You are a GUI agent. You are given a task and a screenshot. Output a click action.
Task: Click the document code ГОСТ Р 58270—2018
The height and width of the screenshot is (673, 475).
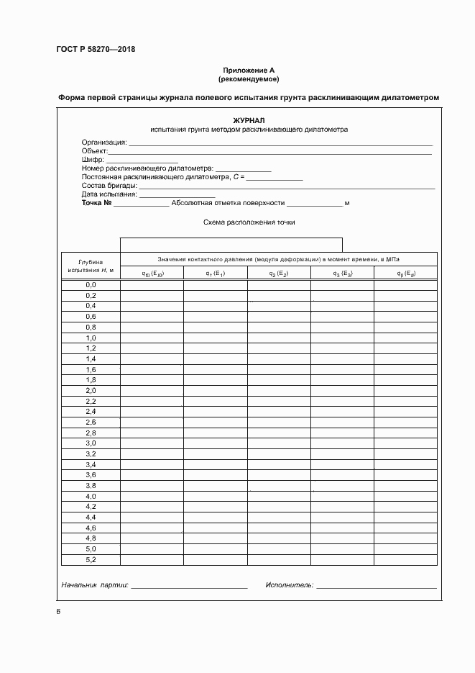(x=96, y=50)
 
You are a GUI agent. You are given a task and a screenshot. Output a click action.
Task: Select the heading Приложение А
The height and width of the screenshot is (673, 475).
(x=248, y=70)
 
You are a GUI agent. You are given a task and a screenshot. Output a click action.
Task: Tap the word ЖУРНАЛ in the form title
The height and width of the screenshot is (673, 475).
(x=248, y=120)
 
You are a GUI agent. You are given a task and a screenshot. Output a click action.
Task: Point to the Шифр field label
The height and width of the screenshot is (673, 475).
(x=93, y=160)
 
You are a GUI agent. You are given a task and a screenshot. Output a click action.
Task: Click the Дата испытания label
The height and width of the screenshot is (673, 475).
(x=109, y=194)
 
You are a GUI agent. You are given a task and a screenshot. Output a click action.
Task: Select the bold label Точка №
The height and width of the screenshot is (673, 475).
(x=96, y=204)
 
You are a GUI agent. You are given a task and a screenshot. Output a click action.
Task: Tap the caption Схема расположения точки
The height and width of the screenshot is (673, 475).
(x=249, y=222)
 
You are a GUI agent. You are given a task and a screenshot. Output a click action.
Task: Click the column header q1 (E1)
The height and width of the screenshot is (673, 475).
(x=215, y=274)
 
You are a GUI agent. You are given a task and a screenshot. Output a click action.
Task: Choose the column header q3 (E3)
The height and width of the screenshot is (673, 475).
(x=341, y=274)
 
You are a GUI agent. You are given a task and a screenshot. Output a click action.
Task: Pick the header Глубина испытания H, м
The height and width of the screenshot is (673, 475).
(x=91, y=266)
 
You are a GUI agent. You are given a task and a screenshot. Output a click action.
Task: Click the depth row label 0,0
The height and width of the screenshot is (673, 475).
(x=91, y=285)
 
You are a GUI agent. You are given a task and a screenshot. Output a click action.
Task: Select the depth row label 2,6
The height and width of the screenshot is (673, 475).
(x=91, y=422)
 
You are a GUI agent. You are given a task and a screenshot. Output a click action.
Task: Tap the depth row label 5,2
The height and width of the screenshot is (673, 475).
(x=91, y=559)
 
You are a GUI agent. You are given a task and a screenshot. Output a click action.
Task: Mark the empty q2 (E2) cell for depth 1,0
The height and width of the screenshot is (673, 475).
(x=279, y=338)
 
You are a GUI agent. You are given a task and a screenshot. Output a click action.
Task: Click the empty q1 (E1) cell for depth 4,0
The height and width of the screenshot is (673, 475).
(x=215, y=497)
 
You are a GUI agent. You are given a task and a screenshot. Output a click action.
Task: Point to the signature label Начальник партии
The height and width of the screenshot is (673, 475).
(x=94, y=586)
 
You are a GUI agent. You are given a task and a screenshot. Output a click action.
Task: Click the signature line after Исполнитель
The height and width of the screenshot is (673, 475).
(x=376, y=586)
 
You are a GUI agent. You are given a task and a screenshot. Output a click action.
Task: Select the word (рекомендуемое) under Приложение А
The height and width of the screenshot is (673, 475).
(x=248, y=78)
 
